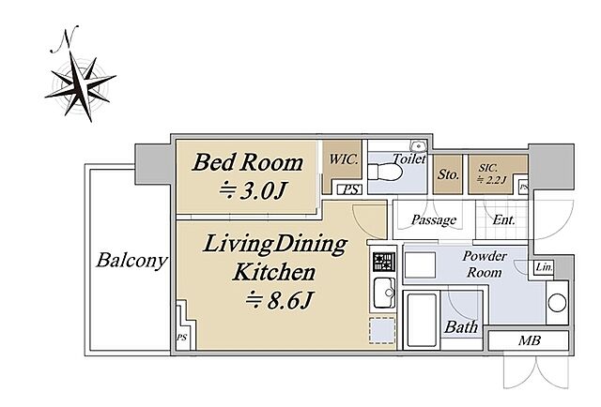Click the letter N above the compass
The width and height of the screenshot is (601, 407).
click(65, 39)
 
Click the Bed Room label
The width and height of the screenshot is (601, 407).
click(248, 162)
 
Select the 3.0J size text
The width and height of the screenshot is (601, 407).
click(254, 190)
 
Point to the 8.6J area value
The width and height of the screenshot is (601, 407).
click(280, 300)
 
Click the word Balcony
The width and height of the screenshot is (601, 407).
click(131, 261)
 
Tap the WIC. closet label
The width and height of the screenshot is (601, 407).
click(344, 159)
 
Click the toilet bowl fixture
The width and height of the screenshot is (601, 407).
click(385, 172)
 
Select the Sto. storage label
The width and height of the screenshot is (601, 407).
click(448, 174)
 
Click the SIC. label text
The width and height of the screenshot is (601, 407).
click(488, 168)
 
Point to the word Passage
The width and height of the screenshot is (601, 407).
click(434, 219)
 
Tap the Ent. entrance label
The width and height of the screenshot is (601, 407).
click(503, 219)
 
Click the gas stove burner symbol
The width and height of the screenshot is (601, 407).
click(384, 263)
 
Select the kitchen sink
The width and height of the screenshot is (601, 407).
click(384, 293)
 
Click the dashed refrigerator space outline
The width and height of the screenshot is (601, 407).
click(382, 330)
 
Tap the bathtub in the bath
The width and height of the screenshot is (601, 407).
click(422, 321)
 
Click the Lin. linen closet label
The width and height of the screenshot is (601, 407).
click(544, 267)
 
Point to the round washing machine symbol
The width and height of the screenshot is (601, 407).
click(557, 303)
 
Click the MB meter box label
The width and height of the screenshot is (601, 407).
click(530, 340)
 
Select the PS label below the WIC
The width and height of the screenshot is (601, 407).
click(350, 189)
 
